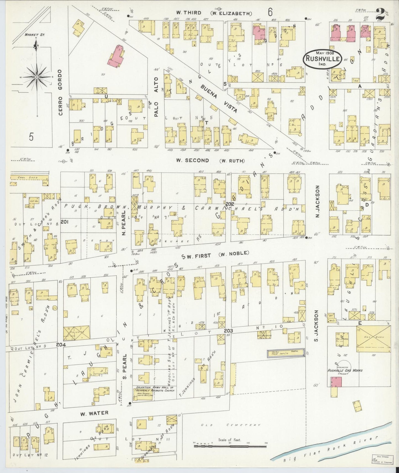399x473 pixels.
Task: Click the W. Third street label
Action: (189, 13)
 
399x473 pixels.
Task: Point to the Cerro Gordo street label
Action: (60, 92)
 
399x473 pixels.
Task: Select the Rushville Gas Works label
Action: (345, 370)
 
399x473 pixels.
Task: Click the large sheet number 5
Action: (31, 137)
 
